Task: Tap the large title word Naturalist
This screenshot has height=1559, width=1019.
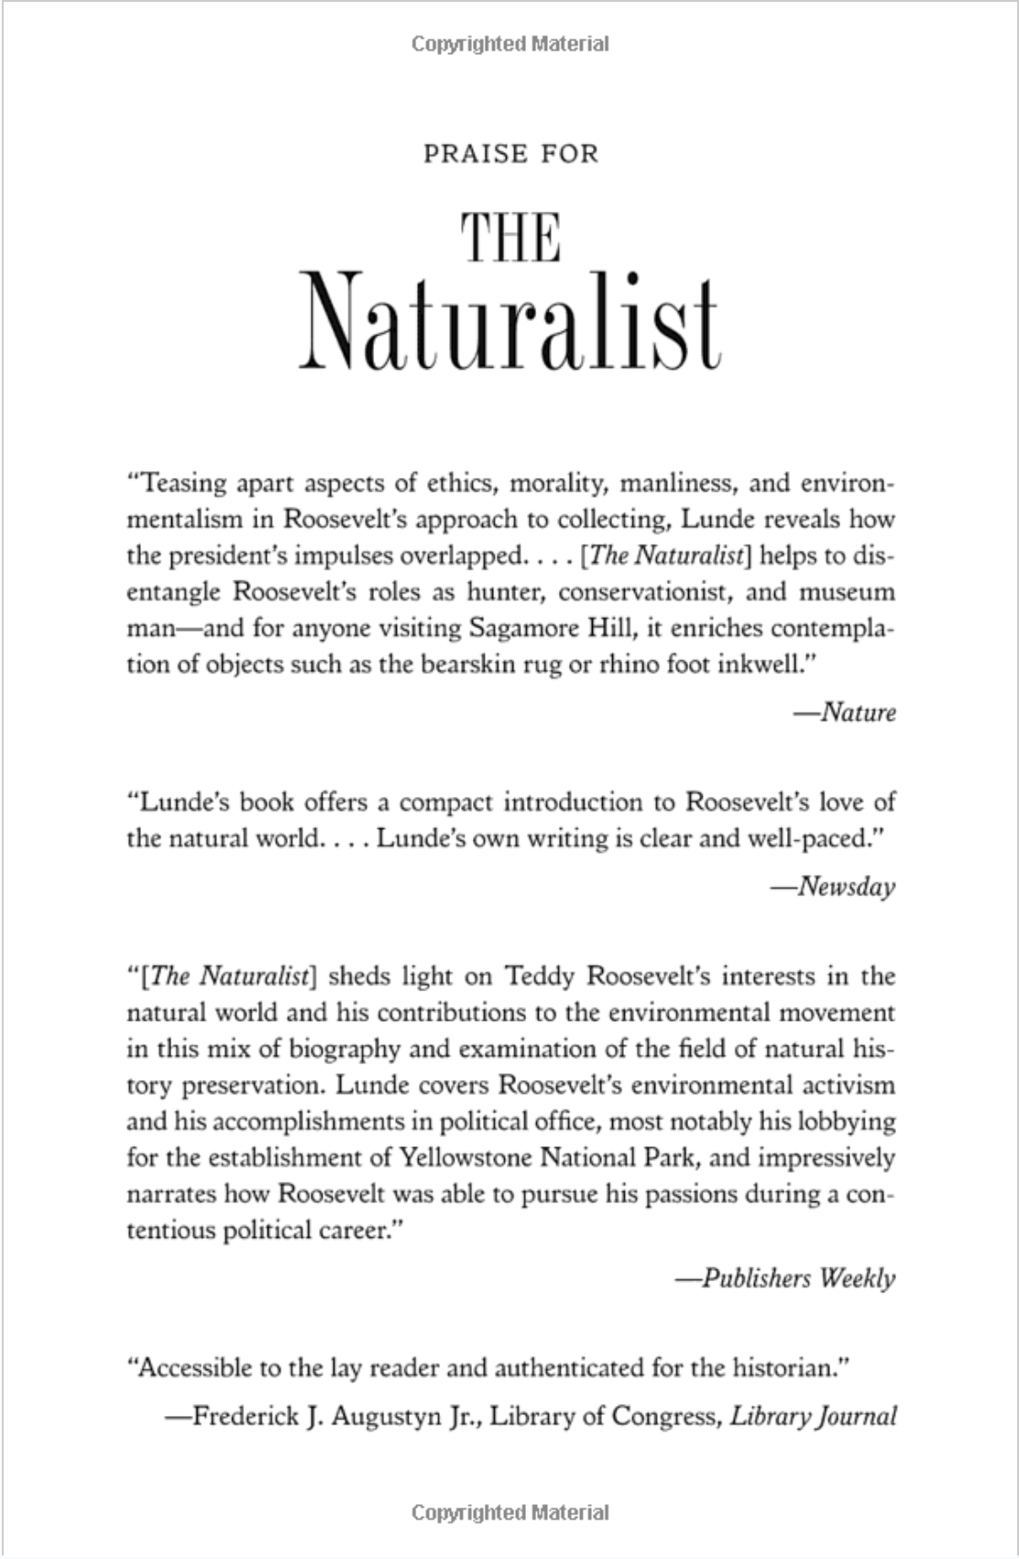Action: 509,321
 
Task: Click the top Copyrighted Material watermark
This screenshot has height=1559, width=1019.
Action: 509,44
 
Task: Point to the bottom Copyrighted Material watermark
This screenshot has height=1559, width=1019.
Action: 509,1512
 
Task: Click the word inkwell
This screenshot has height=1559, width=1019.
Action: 759,664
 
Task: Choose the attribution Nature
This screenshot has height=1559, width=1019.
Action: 857,713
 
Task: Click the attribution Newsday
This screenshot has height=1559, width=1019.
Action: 845,887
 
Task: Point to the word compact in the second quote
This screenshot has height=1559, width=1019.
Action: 444,802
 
